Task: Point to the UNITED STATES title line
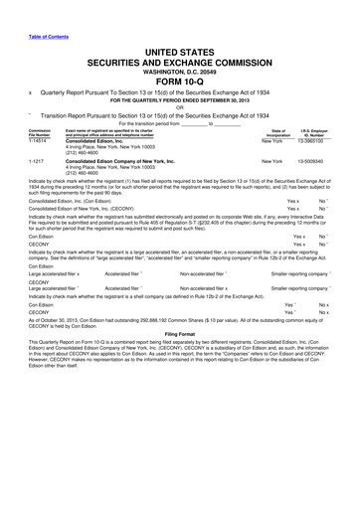(x=179, y=52)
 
